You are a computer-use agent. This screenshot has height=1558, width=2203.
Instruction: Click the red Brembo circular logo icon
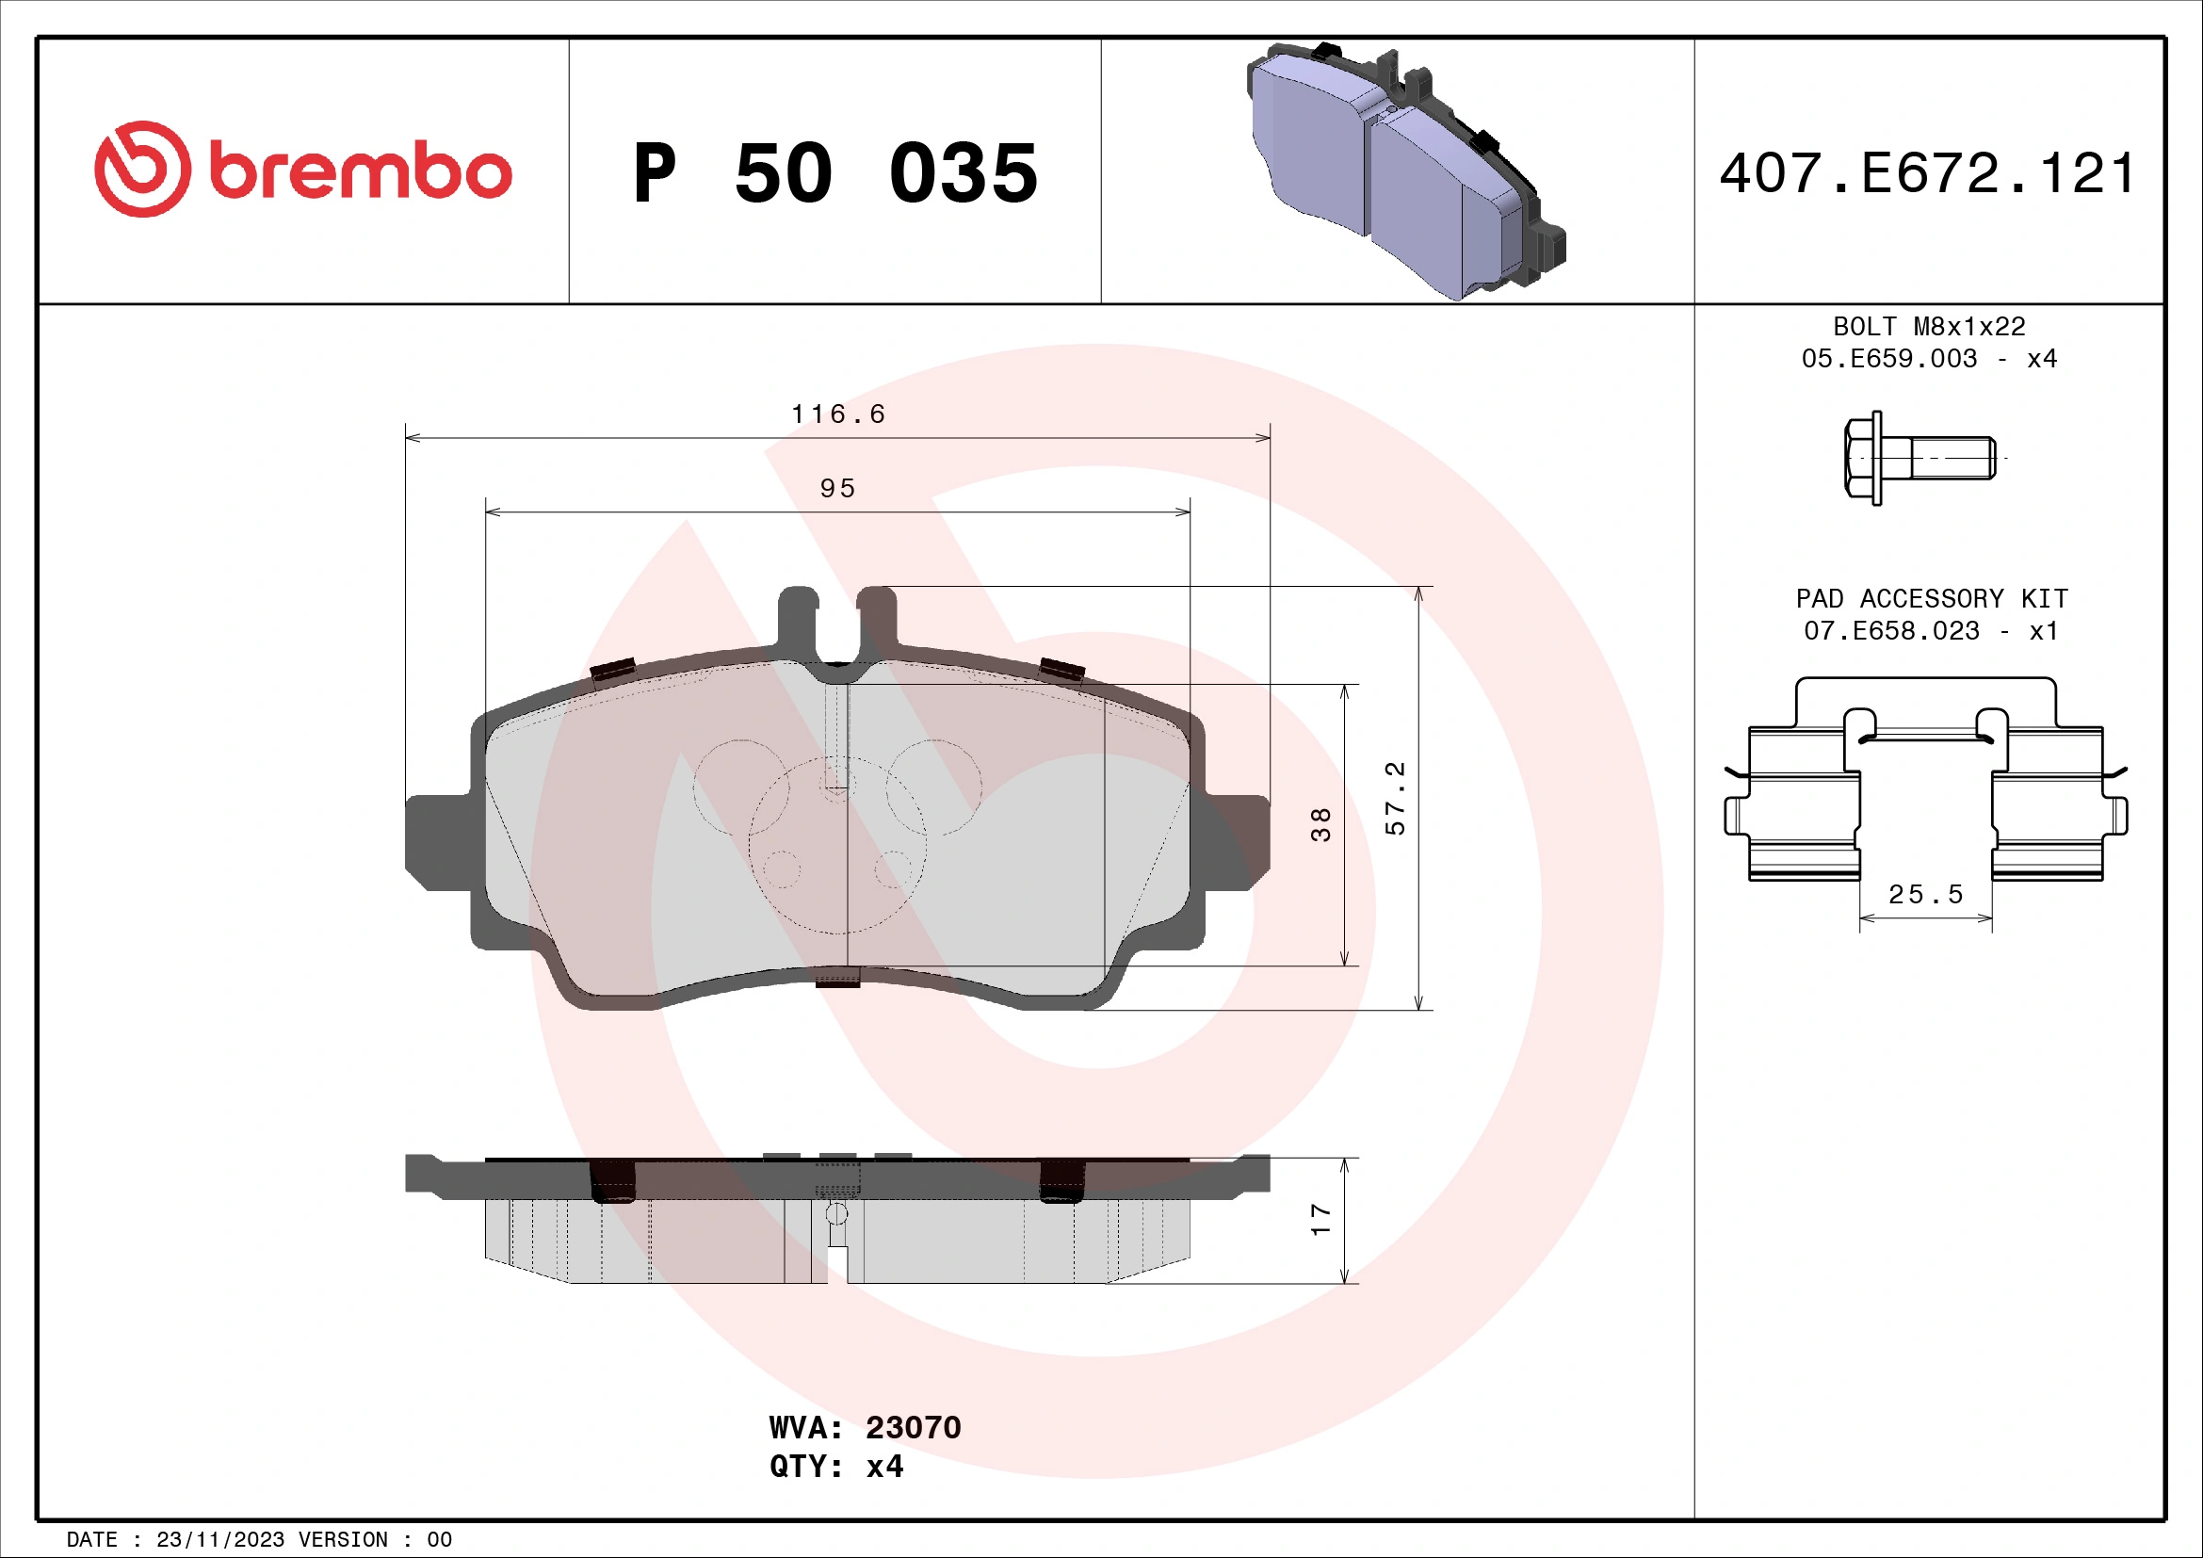point(142,169)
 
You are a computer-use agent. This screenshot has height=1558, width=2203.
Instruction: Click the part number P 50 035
point(834,173)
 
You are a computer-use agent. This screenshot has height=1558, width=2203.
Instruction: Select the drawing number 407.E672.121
point(1928,173)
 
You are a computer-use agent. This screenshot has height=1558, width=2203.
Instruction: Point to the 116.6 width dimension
point(837,414)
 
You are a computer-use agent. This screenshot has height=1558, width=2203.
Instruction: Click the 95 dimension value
point(837,488)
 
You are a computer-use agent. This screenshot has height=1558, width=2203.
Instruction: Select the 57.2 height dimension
point(1396,798)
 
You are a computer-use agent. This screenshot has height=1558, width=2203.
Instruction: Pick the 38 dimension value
point(1321,825)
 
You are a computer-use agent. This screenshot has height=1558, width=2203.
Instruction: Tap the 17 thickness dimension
point(1321,1220)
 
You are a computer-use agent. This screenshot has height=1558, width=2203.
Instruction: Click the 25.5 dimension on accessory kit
point(1926,894)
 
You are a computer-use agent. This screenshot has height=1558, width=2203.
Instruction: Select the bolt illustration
point(1919,459)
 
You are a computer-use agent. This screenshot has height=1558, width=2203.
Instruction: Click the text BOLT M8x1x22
point(1929,327)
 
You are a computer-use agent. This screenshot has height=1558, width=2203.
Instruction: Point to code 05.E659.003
point(1888,359)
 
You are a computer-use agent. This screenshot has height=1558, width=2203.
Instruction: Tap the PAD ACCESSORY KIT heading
point(1931,599)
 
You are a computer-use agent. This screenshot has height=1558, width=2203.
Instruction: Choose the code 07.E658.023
point(1890,631)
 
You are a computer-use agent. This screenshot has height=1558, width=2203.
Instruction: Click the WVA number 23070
point(913,1427)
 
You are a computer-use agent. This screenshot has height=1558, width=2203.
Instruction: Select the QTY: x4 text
point(835,1467)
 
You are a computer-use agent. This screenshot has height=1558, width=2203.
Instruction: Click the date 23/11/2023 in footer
point(219,1540)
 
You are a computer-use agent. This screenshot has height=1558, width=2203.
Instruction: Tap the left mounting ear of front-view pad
point(437,842)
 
